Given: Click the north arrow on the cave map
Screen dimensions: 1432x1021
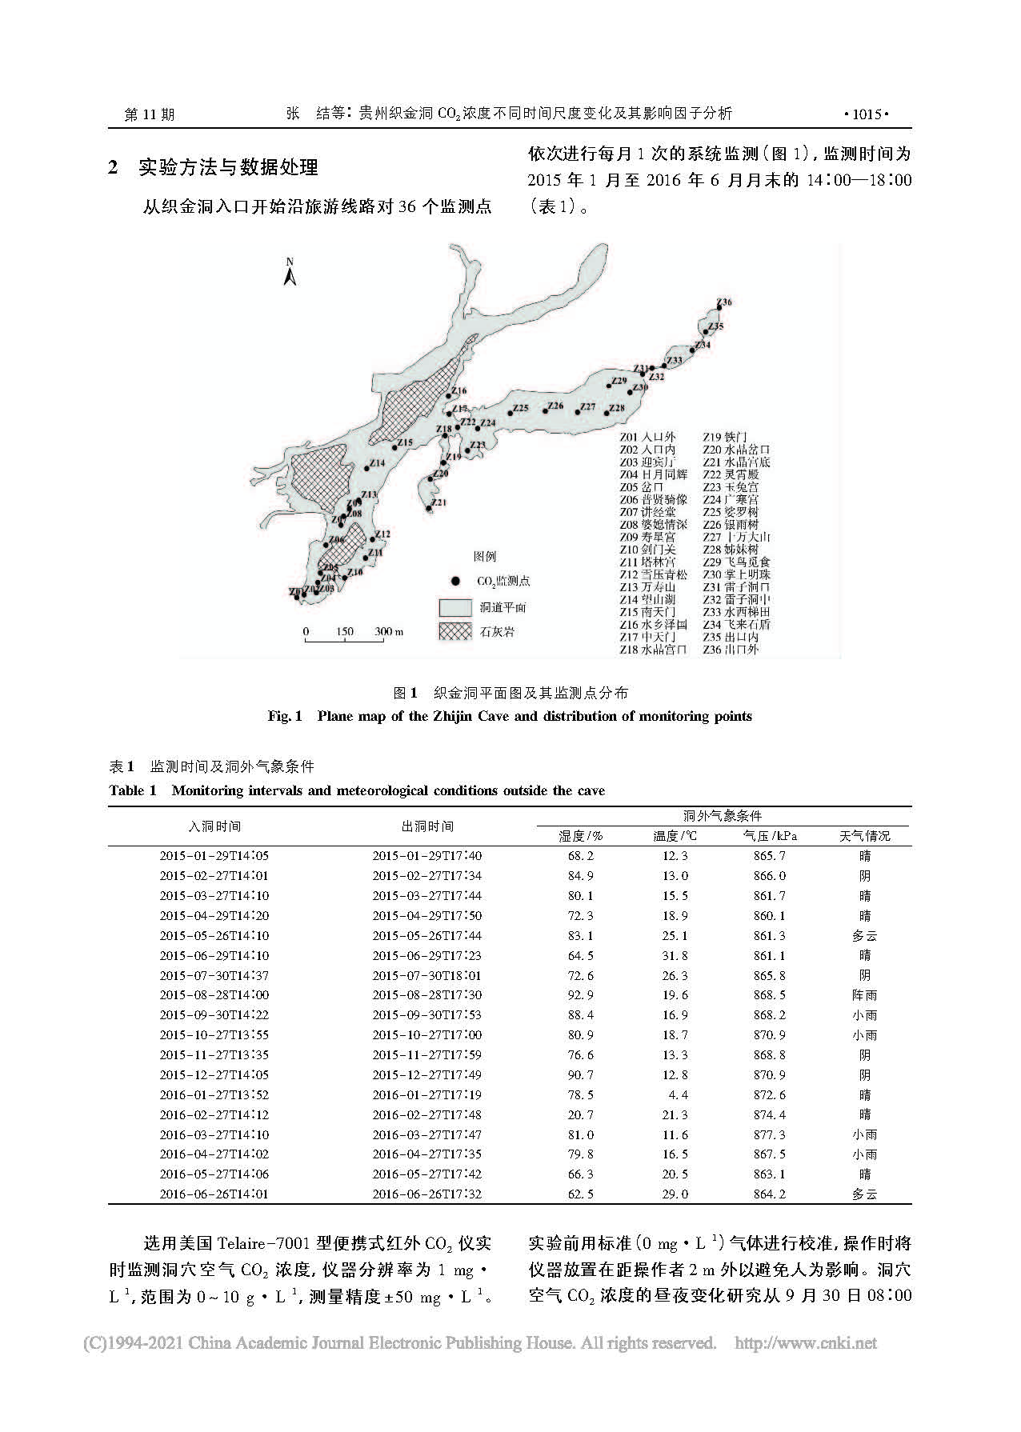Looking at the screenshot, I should (290, 273).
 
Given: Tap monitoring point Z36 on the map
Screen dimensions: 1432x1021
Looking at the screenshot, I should (715, 309).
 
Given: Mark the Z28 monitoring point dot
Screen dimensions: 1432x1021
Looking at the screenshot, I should (607, 414).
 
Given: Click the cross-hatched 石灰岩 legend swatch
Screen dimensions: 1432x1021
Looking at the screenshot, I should (453, 631).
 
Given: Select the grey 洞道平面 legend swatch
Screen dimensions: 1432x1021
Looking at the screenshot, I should (453, 607).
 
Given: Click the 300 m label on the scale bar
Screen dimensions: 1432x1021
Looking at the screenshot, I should (388, 632).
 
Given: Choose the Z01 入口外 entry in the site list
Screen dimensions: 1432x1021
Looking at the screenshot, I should (647, 437).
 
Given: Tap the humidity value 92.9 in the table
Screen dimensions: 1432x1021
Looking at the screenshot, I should (580, 995).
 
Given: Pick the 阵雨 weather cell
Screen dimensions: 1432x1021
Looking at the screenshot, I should (864, 995).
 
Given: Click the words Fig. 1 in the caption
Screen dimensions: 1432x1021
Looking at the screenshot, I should (284, 716).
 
